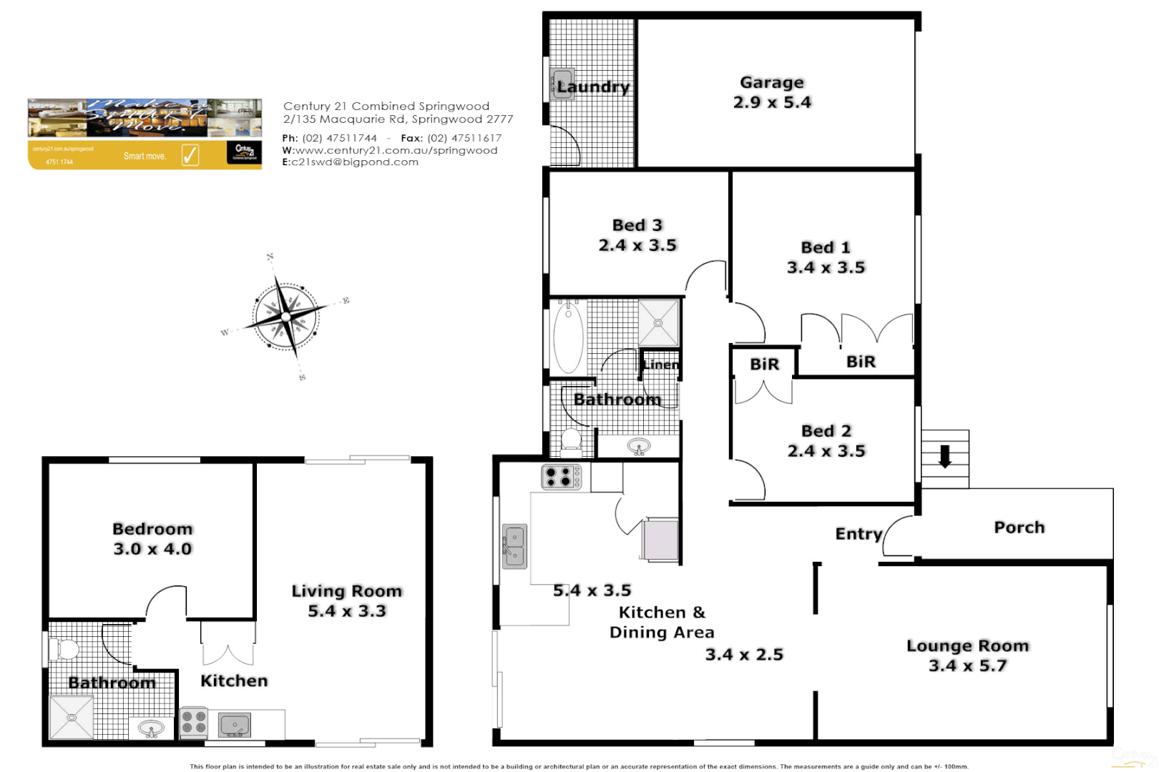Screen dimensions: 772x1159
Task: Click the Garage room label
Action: [772, 83]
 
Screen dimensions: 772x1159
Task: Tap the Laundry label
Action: [593, 87]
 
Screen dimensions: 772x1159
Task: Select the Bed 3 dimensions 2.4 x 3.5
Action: [637, 245]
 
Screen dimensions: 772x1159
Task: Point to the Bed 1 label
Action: [826, 247]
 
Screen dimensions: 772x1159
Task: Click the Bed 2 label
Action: [826, 431]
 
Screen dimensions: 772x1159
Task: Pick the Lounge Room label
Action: [967, 645]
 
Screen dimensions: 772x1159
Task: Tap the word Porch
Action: [1019, 528]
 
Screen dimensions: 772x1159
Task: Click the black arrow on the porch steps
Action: [945, 456]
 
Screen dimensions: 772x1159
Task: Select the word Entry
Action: [859, 534]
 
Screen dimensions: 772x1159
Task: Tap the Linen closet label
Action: [660, 365]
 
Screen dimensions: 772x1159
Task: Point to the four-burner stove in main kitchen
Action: [561, 476]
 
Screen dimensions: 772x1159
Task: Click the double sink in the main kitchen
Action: [514, 546]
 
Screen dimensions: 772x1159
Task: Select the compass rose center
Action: [285, 316]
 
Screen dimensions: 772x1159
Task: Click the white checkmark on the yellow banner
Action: [190, 154]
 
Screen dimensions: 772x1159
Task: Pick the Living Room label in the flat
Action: [347, 591]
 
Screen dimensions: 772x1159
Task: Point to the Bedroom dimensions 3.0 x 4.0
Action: [152, 549]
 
